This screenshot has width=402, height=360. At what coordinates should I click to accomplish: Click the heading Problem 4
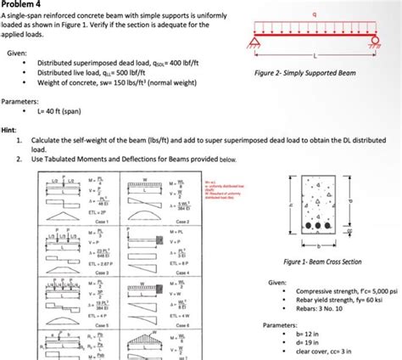pyautogui.click(x=24, y=5)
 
